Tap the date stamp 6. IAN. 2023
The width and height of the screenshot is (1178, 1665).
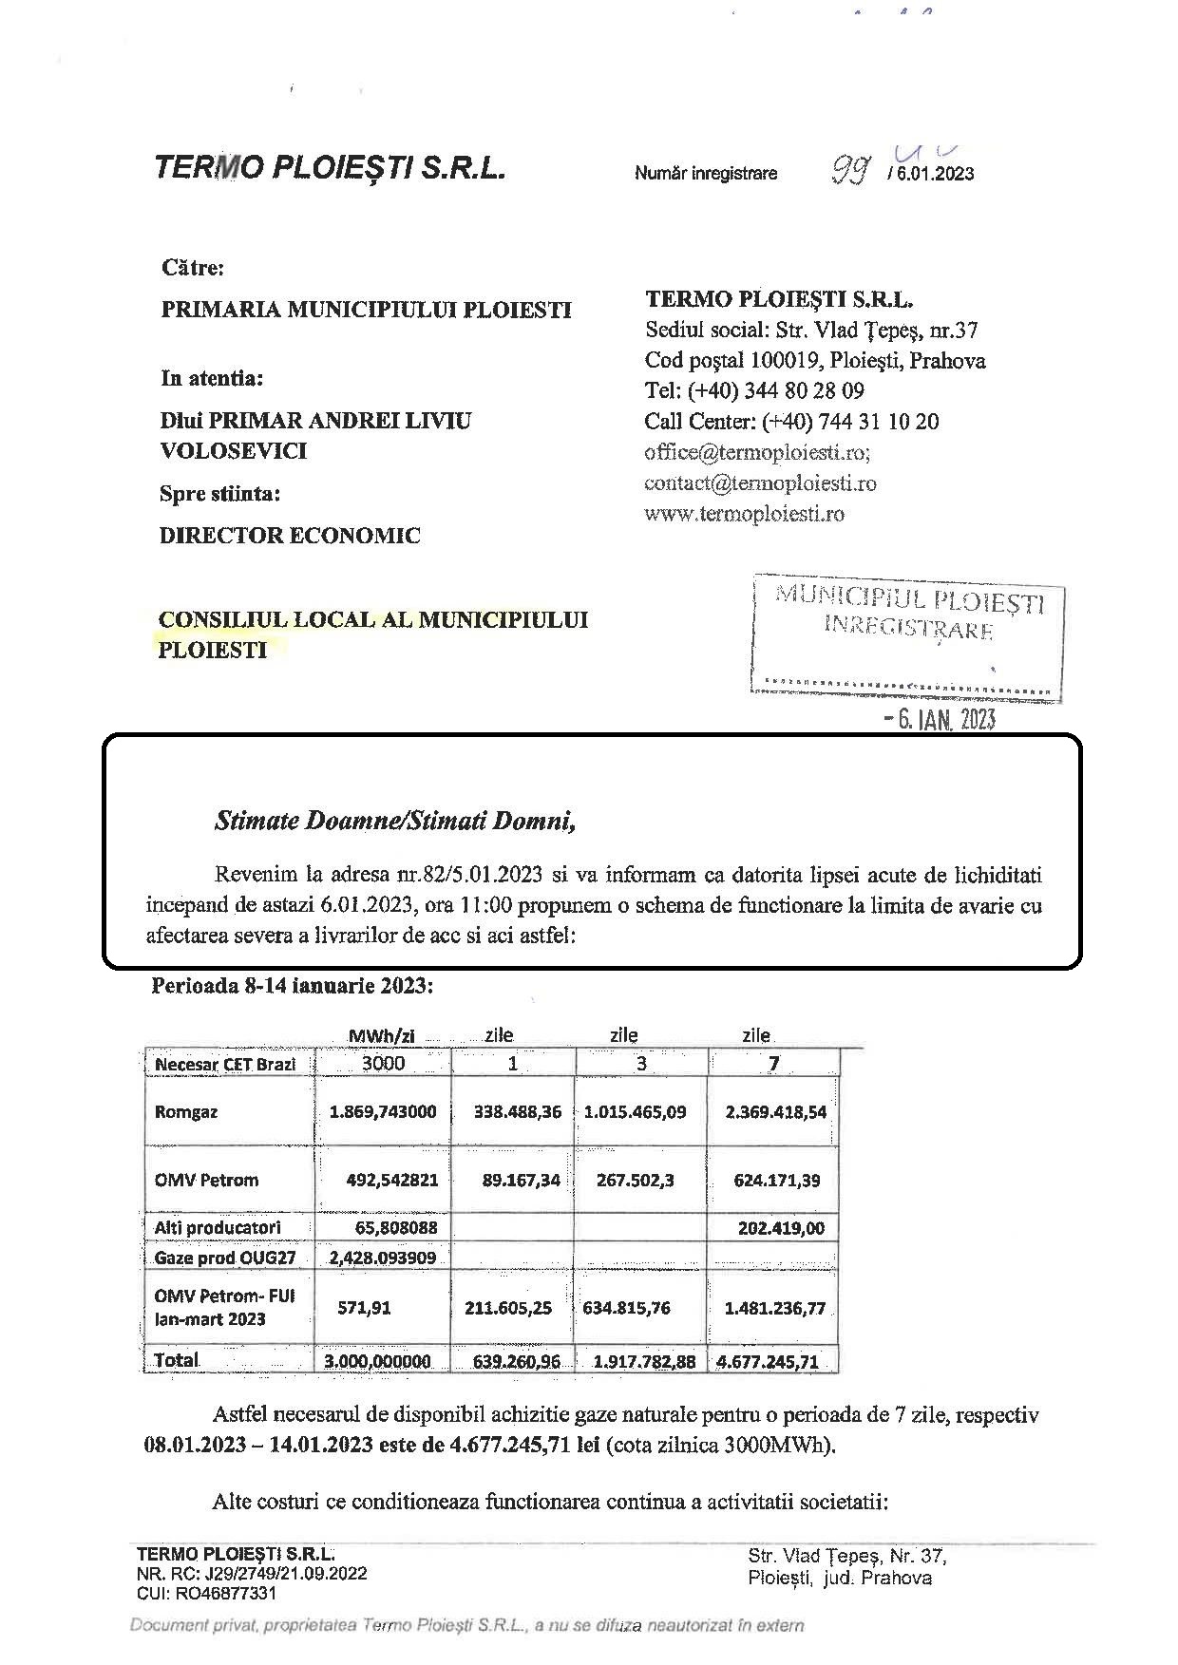click(x=940, y=719)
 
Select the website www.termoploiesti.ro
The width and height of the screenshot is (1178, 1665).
click(x=744, y=514)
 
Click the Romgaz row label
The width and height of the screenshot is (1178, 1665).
click(x=186, y=1111)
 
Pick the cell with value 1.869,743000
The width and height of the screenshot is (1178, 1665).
click(x=382, y=1111)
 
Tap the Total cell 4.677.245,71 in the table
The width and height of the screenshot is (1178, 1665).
click(x=768, y=1361)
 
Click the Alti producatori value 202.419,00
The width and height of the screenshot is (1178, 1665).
click(x=781, y=1228)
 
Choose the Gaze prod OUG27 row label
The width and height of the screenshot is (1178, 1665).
click(x=225, y=1258)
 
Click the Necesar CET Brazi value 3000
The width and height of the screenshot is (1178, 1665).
click(x=383, y=1063)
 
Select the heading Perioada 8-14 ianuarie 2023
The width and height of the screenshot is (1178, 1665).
click(x=293, y=986)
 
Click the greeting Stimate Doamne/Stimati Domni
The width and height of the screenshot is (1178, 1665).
click(x=396, y=821)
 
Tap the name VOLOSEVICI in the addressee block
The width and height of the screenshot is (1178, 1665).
click(x=233, y=451)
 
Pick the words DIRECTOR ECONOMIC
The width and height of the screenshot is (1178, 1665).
click(x=290, y=535)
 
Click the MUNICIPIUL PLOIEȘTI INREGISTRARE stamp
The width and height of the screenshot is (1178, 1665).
click(x=908, y=613)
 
